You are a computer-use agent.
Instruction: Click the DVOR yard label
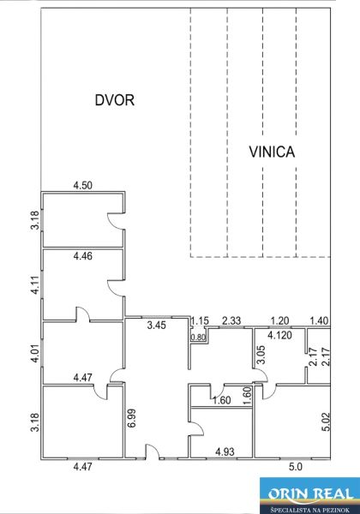115,99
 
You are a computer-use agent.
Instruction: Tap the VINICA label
272,152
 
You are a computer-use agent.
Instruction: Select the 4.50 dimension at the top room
83,185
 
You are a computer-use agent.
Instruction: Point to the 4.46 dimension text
83,255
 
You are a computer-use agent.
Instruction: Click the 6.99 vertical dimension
133,418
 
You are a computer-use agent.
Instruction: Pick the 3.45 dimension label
157,326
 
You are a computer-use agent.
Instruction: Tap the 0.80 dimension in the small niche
198,337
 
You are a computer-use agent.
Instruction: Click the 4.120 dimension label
279,335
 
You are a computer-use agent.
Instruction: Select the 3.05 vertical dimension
261,355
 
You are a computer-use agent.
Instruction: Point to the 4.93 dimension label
225,451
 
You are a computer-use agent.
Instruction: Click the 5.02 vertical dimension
327,421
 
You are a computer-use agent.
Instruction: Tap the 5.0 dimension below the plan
296,467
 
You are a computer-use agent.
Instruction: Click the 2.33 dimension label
231,320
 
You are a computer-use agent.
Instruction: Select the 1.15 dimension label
200,320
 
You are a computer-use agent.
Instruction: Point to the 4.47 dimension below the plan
83,467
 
